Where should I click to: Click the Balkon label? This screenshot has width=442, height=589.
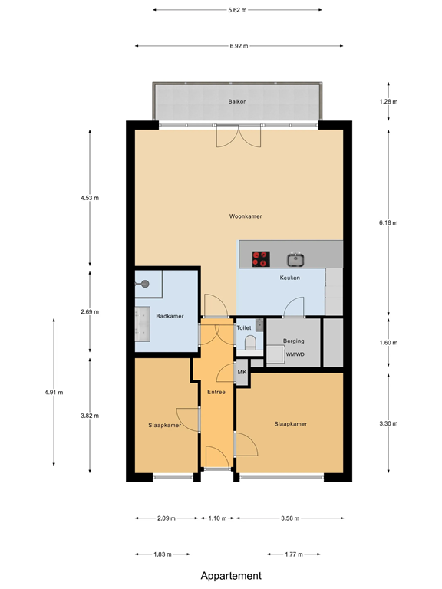pos(237,101)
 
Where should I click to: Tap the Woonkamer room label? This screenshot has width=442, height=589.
pos(246,216)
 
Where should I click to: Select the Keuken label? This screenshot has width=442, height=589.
pos(289,278)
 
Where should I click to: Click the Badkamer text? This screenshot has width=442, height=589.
pos(169,316)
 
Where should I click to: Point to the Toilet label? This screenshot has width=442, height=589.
pos(244,327)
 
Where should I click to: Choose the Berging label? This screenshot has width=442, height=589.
pos(293,341)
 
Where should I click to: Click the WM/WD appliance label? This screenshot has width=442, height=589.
pos(295,355)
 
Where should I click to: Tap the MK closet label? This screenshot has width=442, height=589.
pos(242,373)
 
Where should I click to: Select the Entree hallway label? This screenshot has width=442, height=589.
pos(216,392)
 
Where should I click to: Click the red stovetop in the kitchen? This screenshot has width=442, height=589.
pos(262,259)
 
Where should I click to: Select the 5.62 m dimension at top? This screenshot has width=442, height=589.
pos(237,10)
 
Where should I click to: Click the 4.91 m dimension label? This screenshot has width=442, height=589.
pos(54,392)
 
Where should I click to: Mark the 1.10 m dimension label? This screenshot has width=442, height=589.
pos(218,518)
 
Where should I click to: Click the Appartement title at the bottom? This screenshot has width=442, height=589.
pos(231,575)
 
